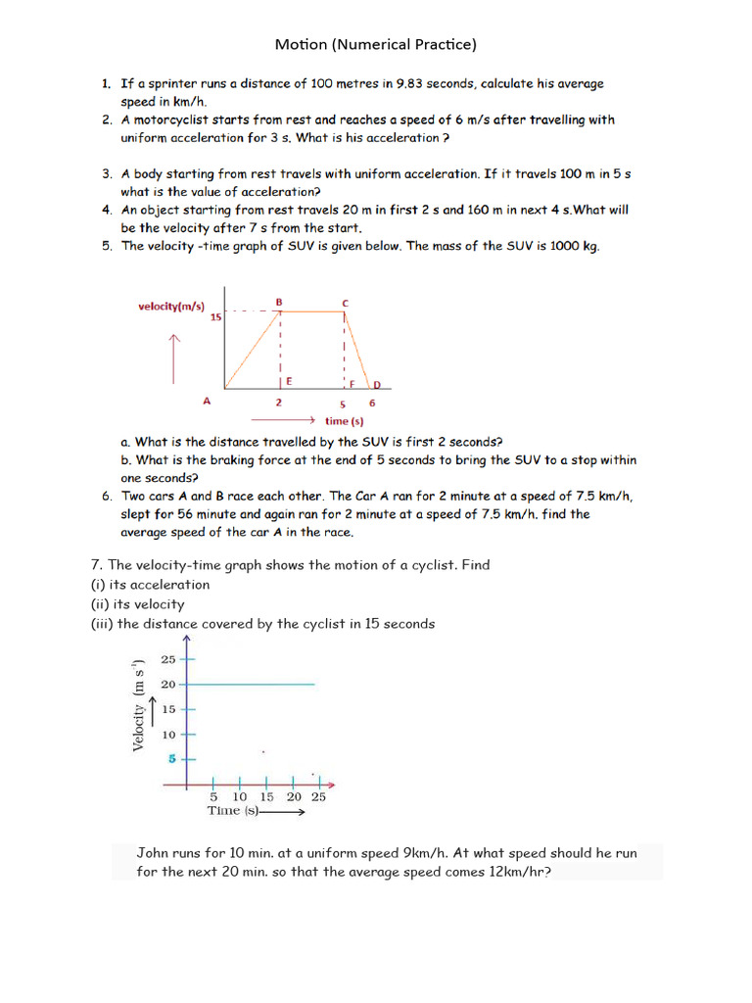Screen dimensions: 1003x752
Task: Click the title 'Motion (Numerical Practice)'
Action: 375,44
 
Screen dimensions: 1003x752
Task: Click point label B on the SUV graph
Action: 279,302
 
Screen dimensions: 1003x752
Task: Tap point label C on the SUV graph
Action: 344,303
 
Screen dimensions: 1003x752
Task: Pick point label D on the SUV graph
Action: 376,385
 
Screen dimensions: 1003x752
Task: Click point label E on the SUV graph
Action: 289,381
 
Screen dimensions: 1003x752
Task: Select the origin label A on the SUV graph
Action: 207,402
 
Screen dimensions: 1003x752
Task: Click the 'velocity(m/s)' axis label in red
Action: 170,307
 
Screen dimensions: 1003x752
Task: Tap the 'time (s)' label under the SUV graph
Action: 343,421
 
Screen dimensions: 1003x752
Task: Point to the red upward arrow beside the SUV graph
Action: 174,357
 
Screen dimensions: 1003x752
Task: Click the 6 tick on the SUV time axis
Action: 371,403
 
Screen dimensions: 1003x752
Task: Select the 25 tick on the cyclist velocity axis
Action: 168,660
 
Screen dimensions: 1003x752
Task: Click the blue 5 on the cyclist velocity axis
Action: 170,758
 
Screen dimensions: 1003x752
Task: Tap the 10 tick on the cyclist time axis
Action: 240,797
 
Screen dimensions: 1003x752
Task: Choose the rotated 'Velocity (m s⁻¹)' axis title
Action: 139,705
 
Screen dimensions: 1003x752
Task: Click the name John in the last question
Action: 154,853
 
